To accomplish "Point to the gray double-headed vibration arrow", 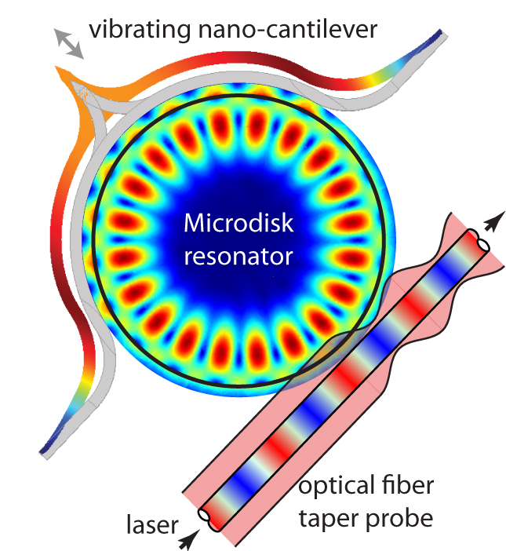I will coord(68,42).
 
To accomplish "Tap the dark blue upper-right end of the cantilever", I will coord(436,37).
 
